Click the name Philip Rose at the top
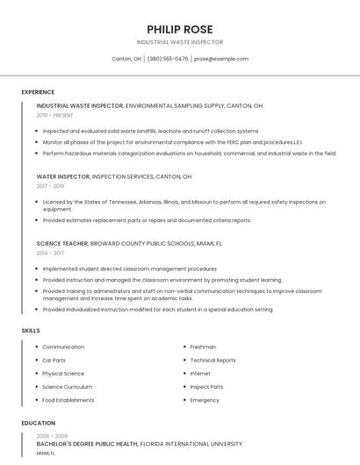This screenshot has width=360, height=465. pyautogui.click(x=180, y=29)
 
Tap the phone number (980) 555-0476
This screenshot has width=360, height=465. pyautogui.click(x=168, y=59)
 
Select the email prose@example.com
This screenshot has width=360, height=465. pyautogui.click(x=221, y=59)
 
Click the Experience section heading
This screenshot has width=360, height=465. pyautogui.click(x=38, y=92)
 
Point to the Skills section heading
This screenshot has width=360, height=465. pyautogui.click(x=31, y=330)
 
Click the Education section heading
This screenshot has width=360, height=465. pyautogui.click(x=38, y=423)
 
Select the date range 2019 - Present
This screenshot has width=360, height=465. pyautogui.click(x=55, y=115)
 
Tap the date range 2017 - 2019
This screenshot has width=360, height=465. pyautogui.click(x=50, y=186)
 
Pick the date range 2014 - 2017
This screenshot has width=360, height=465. pyautogui.click(x=50, y=253)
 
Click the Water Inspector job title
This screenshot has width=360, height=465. pyautogui.click(x=63, y=176)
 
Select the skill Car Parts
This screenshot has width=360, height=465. pyautogui.click(x=54, y=361)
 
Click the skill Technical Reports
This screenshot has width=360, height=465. pyautogui.click(x=212, y=361)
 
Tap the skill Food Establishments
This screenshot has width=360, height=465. pyautogui.click(x=68, y=400)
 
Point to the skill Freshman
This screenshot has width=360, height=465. pyautogui.click(x=203, y=347)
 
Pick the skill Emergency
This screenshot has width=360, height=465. pyautogui.click(x=205, y=400)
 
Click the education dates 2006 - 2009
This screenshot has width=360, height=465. pyautogui.click(x=51, y=435)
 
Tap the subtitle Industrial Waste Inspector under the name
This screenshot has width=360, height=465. pyautogui.click(x=180, y=42)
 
